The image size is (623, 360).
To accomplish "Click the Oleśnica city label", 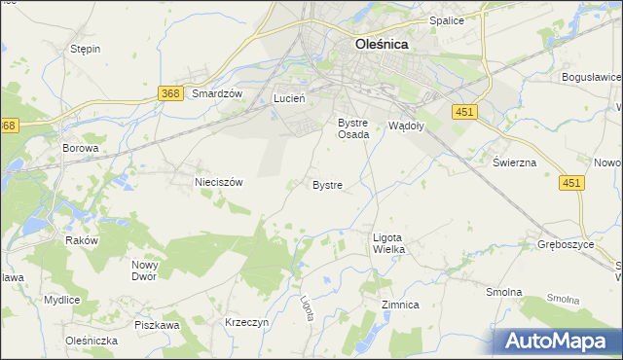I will click(381, 44).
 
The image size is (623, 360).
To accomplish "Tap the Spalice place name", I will click(446, 20).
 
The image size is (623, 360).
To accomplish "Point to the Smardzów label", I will click(216, 93).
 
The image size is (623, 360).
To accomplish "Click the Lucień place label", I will click(289, 98).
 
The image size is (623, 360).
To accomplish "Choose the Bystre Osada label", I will click(352, 128).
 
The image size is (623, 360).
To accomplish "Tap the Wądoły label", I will click(406, 125).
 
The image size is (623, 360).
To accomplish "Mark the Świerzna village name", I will click(514, 162).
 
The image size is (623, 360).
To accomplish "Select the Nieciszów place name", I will click(218, 181).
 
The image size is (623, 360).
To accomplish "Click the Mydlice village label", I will click(61, 300).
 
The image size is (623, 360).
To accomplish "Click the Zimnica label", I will click(400, 305).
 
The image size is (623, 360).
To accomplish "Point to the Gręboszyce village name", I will click(565, 244).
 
